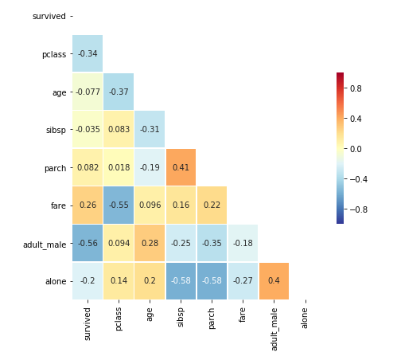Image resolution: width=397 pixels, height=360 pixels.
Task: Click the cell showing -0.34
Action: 87,54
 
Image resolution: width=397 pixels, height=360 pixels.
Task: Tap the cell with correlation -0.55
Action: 119,205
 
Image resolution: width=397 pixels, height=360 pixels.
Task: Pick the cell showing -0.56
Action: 87,243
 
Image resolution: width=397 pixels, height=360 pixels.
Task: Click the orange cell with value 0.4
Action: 274,280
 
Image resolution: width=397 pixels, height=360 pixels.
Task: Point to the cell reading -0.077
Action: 87,92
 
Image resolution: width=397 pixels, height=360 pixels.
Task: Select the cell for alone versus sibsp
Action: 181,280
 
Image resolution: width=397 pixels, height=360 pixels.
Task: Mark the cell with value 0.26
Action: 87,205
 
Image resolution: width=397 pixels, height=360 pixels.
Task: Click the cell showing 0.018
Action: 119,167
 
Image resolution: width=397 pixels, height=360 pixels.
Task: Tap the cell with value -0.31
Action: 150,130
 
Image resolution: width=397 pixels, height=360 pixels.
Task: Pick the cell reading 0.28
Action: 150,243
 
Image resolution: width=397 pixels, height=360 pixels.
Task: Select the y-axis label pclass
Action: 53,54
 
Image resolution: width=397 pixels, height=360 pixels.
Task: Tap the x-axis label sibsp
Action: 181,317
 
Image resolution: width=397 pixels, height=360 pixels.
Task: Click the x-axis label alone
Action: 305,318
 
